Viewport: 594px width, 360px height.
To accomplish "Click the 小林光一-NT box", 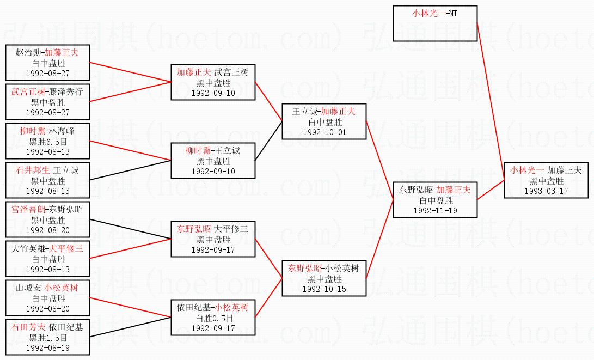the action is click(435, 23).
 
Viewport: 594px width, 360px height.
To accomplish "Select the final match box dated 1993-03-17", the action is click(546, 180).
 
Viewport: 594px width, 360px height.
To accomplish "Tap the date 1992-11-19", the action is click(435, 210).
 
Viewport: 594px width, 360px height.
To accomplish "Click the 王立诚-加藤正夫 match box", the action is click(324, 121).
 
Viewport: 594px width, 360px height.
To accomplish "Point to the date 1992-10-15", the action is click(324, 289).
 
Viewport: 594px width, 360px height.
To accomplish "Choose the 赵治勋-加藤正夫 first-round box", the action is click(47, 63).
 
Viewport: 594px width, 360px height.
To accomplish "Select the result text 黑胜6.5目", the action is click(47, 141).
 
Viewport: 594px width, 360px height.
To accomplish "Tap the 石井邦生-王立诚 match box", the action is click(47, 180).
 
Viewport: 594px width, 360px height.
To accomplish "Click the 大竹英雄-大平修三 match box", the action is click(47, 259).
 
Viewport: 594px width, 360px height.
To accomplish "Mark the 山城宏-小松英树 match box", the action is click(47, 298).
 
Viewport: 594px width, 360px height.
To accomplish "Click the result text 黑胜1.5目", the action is click(47, 337).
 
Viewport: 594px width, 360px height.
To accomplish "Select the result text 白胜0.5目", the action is click(213, 318).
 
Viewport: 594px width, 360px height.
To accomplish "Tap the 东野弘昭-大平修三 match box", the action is click(213, 239).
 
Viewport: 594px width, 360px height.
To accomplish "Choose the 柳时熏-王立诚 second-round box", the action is click(213, 161).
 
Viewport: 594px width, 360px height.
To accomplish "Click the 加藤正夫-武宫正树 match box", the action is click(213, 82).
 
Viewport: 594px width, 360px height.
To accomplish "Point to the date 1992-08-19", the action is click(47, 347).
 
